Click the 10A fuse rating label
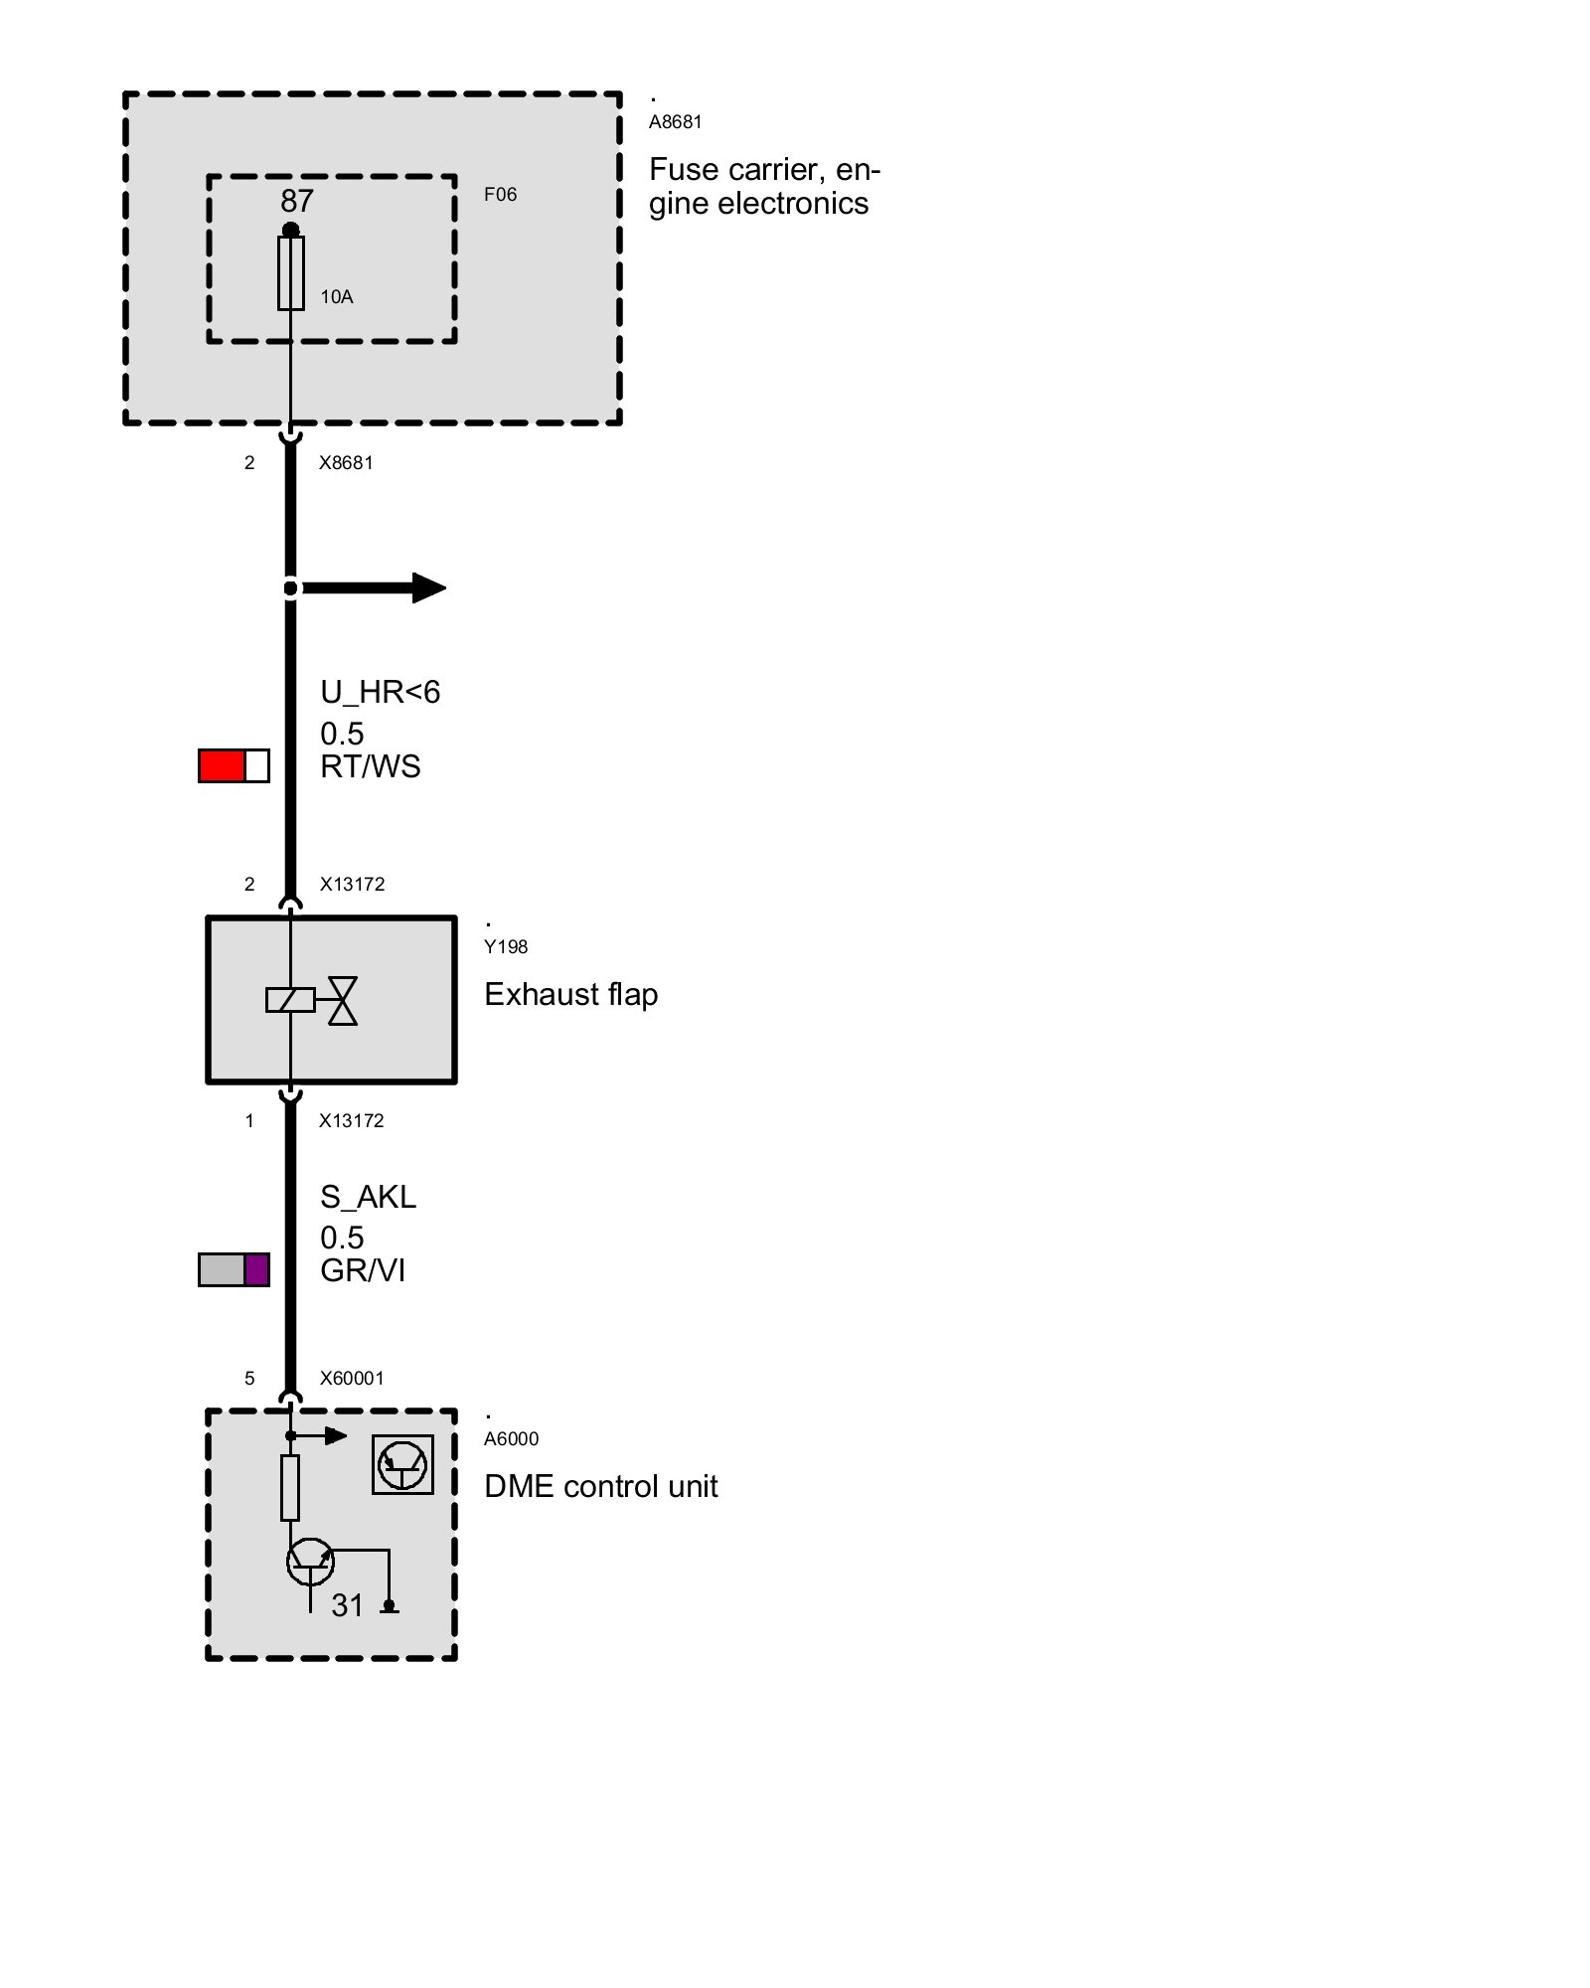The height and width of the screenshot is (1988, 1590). (x=336, y=297)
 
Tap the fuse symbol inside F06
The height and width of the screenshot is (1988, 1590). (x=290, y=273)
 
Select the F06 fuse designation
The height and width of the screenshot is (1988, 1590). (x=500, y=195)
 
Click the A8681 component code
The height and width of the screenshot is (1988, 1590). (x=675, y=122)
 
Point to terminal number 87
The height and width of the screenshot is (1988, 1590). (x=296, y=202)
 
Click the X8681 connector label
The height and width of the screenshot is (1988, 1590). (x=346, y=463)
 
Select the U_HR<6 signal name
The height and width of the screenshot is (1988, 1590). (x=380, y=692)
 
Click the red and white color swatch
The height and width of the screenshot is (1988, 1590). (x=234, y=766)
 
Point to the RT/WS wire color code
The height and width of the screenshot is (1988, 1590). (x=370, y=767)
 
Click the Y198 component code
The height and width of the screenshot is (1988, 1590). (x=506, y=947)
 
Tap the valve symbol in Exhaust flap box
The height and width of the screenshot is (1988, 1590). (x=343, y=1000)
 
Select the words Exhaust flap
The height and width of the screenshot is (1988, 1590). (x=570, y=995)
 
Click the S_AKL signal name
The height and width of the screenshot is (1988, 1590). (x=368, y=1197)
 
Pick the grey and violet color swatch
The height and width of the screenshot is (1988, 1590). (x=234, y=1270)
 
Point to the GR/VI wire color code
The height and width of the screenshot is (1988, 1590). (x=362, y=1271)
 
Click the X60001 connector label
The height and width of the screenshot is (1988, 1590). (x=351, y=1379)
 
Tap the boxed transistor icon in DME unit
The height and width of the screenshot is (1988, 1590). (x=402, y=1464)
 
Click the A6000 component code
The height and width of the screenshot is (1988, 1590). (x=511, y=1439)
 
